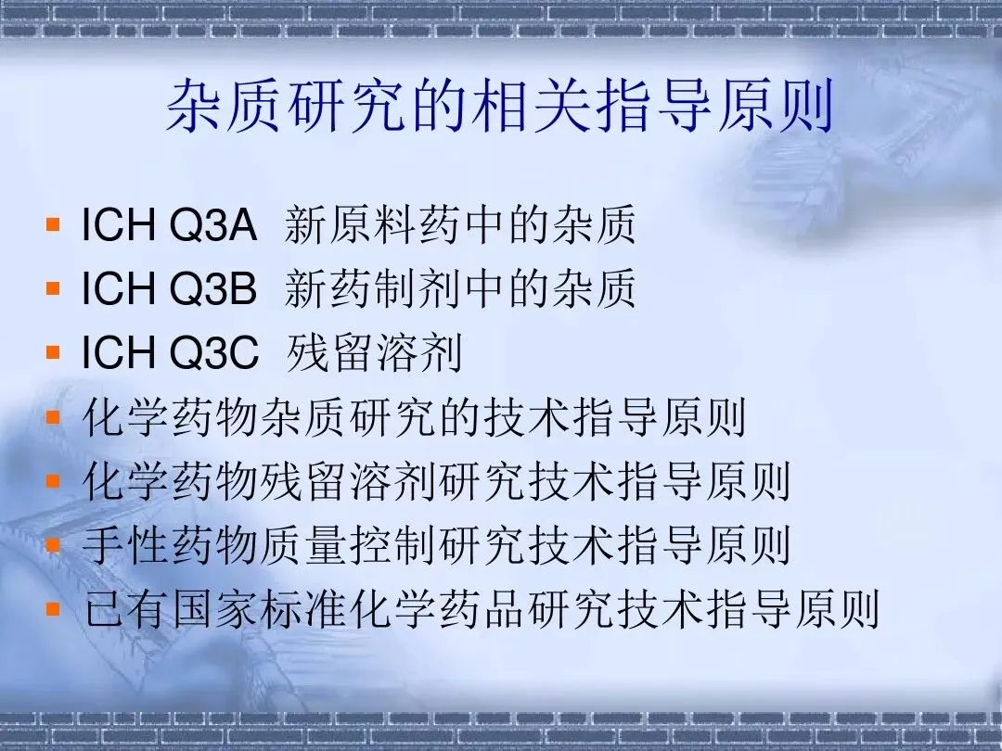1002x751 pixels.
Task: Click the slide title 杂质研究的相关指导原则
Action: pos(500,106)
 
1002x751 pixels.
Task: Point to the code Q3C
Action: pos(213,352)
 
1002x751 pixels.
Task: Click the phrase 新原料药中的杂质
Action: pos(460,224)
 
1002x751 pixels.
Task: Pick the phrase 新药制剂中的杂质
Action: pos(460,288)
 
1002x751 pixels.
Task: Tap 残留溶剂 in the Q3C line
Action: pos(374,352)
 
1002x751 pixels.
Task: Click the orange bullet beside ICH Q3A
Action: pos(53,224)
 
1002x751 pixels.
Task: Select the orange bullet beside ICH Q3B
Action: pos(53,288)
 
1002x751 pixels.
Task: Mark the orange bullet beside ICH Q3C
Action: pos(53,352)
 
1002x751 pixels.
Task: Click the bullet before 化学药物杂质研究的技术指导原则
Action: pos(53,417)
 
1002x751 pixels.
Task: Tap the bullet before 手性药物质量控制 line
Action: pos(53,545)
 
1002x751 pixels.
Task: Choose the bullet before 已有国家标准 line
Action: pos(53,608)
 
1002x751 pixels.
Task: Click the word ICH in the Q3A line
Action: pos(118,224)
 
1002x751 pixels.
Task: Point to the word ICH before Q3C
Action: pos(118,352)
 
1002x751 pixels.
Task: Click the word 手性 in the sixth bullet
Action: pos(126,545)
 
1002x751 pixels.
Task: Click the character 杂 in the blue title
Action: pos(194,106)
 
